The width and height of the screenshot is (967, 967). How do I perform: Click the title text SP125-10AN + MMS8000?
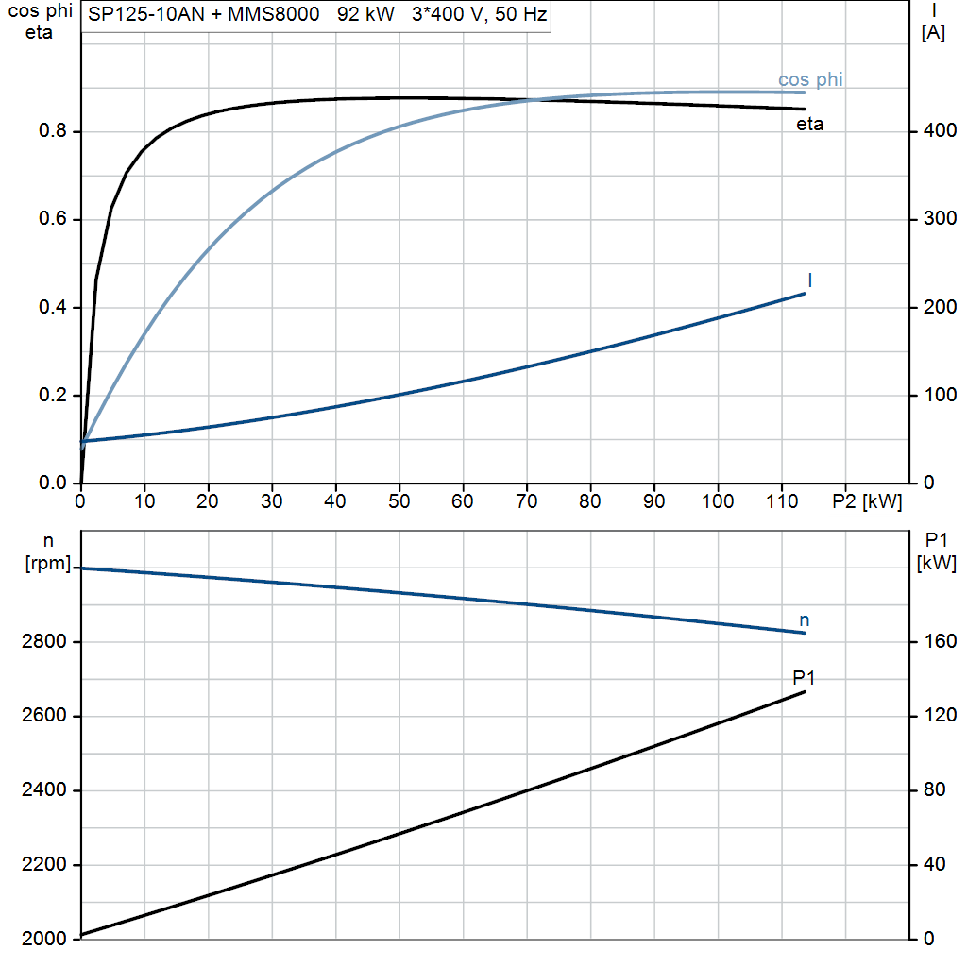pyautogui.click(x=204, y=14)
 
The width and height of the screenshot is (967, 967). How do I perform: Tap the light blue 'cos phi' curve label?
pyautogui.click(x=810, y=79)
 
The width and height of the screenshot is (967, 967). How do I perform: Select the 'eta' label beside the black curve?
pyautogui.click(x=809, y=124)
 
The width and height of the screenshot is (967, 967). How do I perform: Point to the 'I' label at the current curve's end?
pyautogui.click(x=809, y=280)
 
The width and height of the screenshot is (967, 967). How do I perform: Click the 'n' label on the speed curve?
pyautogui.click(x=805, y=620)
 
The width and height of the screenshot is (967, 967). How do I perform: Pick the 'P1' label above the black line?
pyautogui.click(x=804, y=678)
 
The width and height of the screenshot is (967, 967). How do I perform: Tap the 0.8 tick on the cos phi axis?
pyautogui.click(x=53, y=130)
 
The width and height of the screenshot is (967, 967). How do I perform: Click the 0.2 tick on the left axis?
pyautogui.click(x=53, y=395)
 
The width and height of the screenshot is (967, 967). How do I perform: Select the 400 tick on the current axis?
pyautogui.click(x=940, y=130)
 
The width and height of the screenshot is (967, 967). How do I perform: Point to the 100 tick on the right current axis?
pyautogui.click(x=940, y=395)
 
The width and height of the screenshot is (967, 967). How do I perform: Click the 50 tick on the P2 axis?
pyautogui.click(x=399, y=501)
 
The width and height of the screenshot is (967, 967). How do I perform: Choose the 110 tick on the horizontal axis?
pyautogui.click(x=781, y=501)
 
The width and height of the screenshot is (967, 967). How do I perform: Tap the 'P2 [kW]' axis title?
pyautogui.click(x=867, y=501)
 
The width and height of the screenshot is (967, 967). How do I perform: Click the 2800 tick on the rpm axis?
pyautogui.click(x=43, y=641)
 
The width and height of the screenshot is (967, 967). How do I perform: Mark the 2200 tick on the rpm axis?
pyautogui.click(x=43, y=865)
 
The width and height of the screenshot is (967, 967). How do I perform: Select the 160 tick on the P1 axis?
pyautogui.click(x=940, y=641)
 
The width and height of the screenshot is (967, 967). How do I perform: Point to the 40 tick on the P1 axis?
pyautogui.click(x=935, y=865)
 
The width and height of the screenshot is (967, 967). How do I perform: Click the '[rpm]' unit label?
pyautogui.click(x=48, y=564)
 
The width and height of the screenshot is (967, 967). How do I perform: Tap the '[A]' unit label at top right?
pyautogui.click(x=933, y=32)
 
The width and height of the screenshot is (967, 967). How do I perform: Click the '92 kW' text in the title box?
pyautogui.click(x=365, y=14)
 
